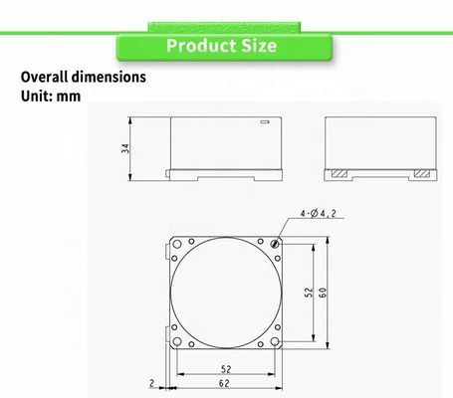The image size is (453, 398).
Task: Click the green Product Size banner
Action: coord(224,47)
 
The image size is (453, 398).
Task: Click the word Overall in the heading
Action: coord(45,77)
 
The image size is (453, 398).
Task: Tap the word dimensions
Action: coord(109,77)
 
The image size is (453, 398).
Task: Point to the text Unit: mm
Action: coord(51,97)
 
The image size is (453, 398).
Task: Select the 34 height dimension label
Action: coord(125,148)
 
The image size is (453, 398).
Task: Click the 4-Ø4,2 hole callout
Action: coord(318,213)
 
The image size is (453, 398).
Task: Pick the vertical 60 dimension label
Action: coord(323,293)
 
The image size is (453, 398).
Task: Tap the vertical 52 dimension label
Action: coord(309,293)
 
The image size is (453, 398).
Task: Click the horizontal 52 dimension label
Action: coord(226,369)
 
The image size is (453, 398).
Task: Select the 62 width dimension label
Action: coord(224,383)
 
